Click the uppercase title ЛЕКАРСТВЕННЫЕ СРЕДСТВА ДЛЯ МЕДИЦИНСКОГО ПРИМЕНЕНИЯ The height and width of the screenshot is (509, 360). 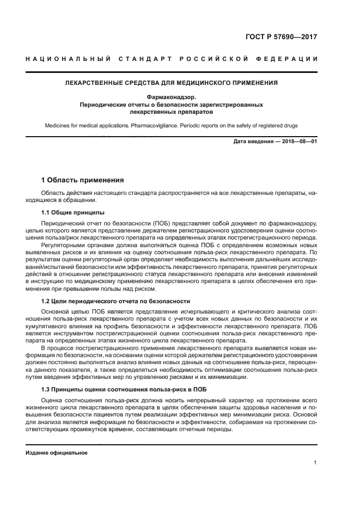(x=172, y=83)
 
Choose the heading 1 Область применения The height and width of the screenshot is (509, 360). (x=83, y=180)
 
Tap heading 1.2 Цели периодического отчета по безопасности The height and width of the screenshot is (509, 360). (x=116, y=301)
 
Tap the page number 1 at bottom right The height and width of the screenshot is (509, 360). (x=315, y=463)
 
